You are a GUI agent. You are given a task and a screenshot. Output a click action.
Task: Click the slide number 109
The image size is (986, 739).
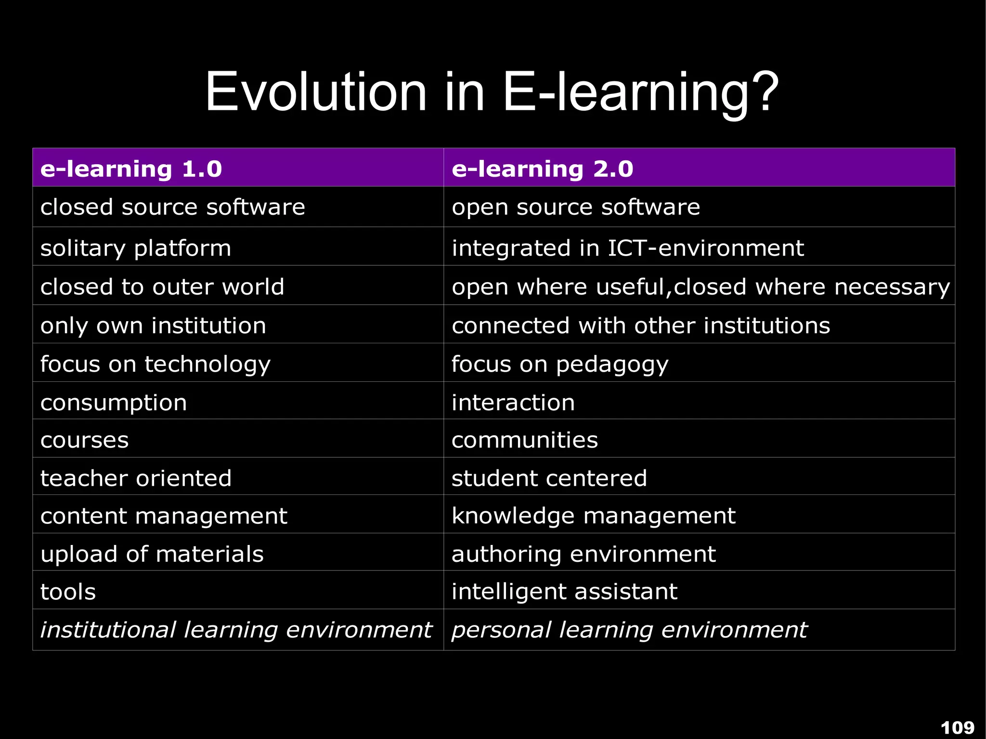[957, 727]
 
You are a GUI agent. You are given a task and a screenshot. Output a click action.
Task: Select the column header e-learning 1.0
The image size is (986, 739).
[131, 169]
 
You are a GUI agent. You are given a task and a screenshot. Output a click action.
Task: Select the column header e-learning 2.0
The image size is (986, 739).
[542, 169]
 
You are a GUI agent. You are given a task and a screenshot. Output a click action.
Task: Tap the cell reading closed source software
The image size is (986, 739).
[172, 207]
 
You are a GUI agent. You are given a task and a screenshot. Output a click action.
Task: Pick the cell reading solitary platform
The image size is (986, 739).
[136, 248]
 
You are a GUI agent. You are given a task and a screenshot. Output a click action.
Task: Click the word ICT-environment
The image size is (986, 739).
[706, 248]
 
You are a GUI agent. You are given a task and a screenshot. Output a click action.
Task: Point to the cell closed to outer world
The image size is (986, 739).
[162, 287]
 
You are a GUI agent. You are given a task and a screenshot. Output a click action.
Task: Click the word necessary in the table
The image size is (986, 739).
[892, 287]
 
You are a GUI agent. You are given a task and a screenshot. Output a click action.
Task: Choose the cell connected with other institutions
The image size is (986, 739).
[640, 326]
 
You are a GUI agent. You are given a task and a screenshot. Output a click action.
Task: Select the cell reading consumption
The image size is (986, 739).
[114, 402]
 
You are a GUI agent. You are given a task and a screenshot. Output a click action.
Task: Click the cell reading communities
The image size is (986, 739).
[524, 440]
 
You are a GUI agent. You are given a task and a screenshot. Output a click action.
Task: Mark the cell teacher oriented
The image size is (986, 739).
[136, 478]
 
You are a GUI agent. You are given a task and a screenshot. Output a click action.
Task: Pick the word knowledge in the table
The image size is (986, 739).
[513, 516]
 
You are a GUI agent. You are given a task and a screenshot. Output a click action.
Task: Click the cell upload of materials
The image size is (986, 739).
[152, 554]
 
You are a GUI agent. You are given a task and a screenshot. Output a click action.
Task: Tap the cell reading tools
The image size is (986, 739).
[68, 592]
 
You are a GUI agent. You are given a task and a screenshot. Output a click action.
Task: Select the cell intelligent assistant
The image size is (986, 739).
[564, 592]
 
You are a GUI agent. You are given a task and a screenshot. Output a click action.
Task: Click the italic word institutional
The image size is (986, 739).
[108, 630]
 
